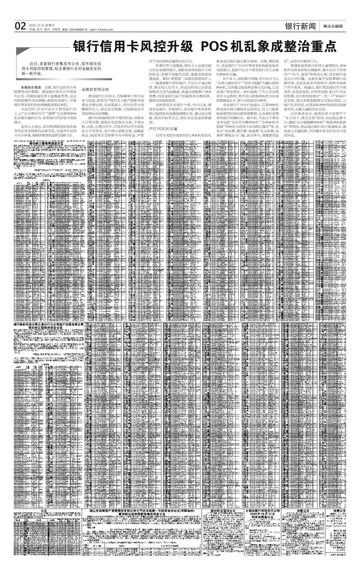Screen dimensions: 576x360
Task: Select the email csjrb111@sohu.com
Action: coord(101,30)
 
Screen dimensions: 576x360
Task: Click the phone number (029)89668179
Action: coord(78,30)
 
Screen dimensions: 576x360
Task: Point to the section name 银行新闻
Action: coord(300,26)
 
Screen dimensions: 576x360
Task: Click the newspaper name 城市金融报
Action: coord(333,26)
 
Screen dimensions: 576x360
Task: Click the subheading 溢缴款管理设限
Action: coord(95,90)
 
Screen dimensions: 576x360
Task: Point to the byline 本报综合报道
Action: coord(31,87)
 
